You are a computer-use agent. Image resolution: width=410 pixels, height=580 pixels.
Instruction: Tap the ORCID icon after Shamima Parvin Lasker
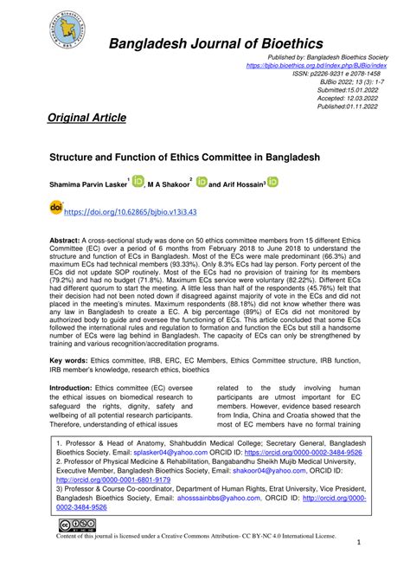click(138, 181)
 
